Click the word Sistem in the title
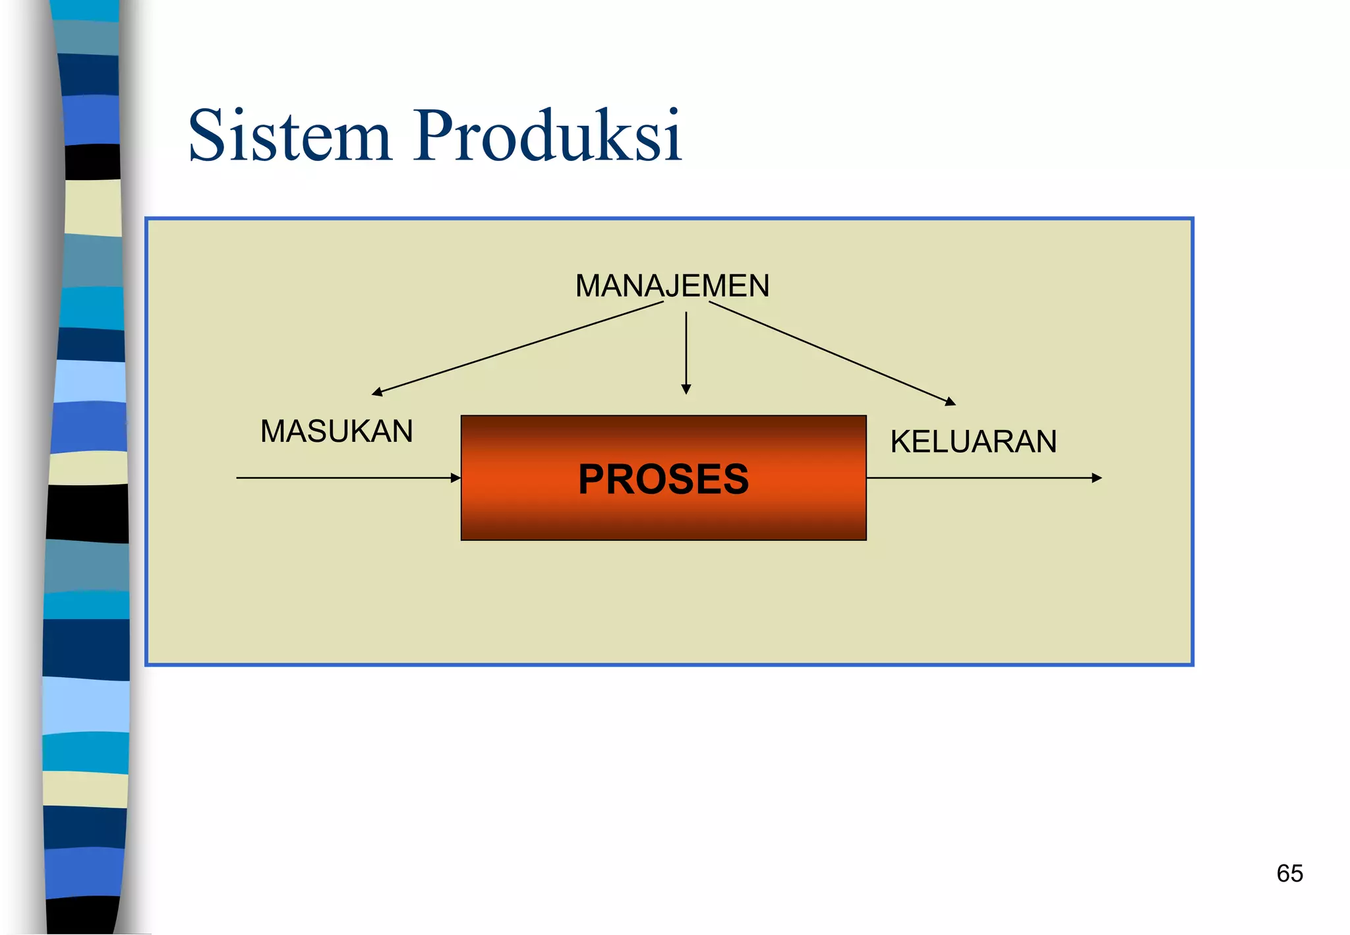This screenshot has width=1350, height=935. pyautogui.click(x=290, y=136)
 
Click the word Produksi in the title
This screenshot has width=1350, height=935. pyautogui.click(x=547, y=136)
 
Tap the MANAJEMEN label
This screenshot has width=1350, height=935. pyautogui.click(x=672, y=286)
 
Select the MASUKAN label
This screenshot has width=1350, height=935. pyautogui.click(x=336, y=432)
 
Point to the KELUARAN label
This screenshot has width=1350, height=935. pyautogui.click(x=973, y=442)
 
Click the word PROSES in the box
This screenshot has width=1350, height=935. pyautogui.click(x=663, y=479)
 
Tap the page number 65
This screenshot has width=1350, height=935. pyautogui.click(x=1289, y=874)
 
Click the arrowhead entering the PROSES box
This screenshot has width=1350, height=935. pyautogui.click(x=455, y=478)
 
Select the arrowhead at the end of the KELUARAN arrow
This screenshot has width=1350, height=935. pyautogui.click(x=1097, y=478)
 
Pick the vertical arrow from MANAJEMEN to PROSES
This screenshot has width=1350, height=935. pyautogui.click(x=686, y=349)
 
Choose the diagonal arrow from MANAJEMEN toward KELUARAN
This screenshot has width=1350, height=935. pyautogui.click(x=831, y=352)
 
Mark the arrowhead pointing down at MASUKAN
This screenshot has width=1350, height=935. pyautogui.click(x=377, y=392)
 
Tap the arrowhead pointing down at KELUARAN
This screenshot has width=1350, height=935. pyautogui.click(x=951, y=402)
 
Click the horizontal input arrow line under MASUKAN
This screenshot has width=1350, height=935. pyautogui.click(x=343, y=478)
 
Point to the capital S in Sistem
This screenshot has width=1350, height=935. pyautogui.click(x=208, y=136)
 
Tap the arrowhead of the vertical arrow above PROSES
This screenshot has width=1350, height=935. pyautogui.click(x=686, y=390)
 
